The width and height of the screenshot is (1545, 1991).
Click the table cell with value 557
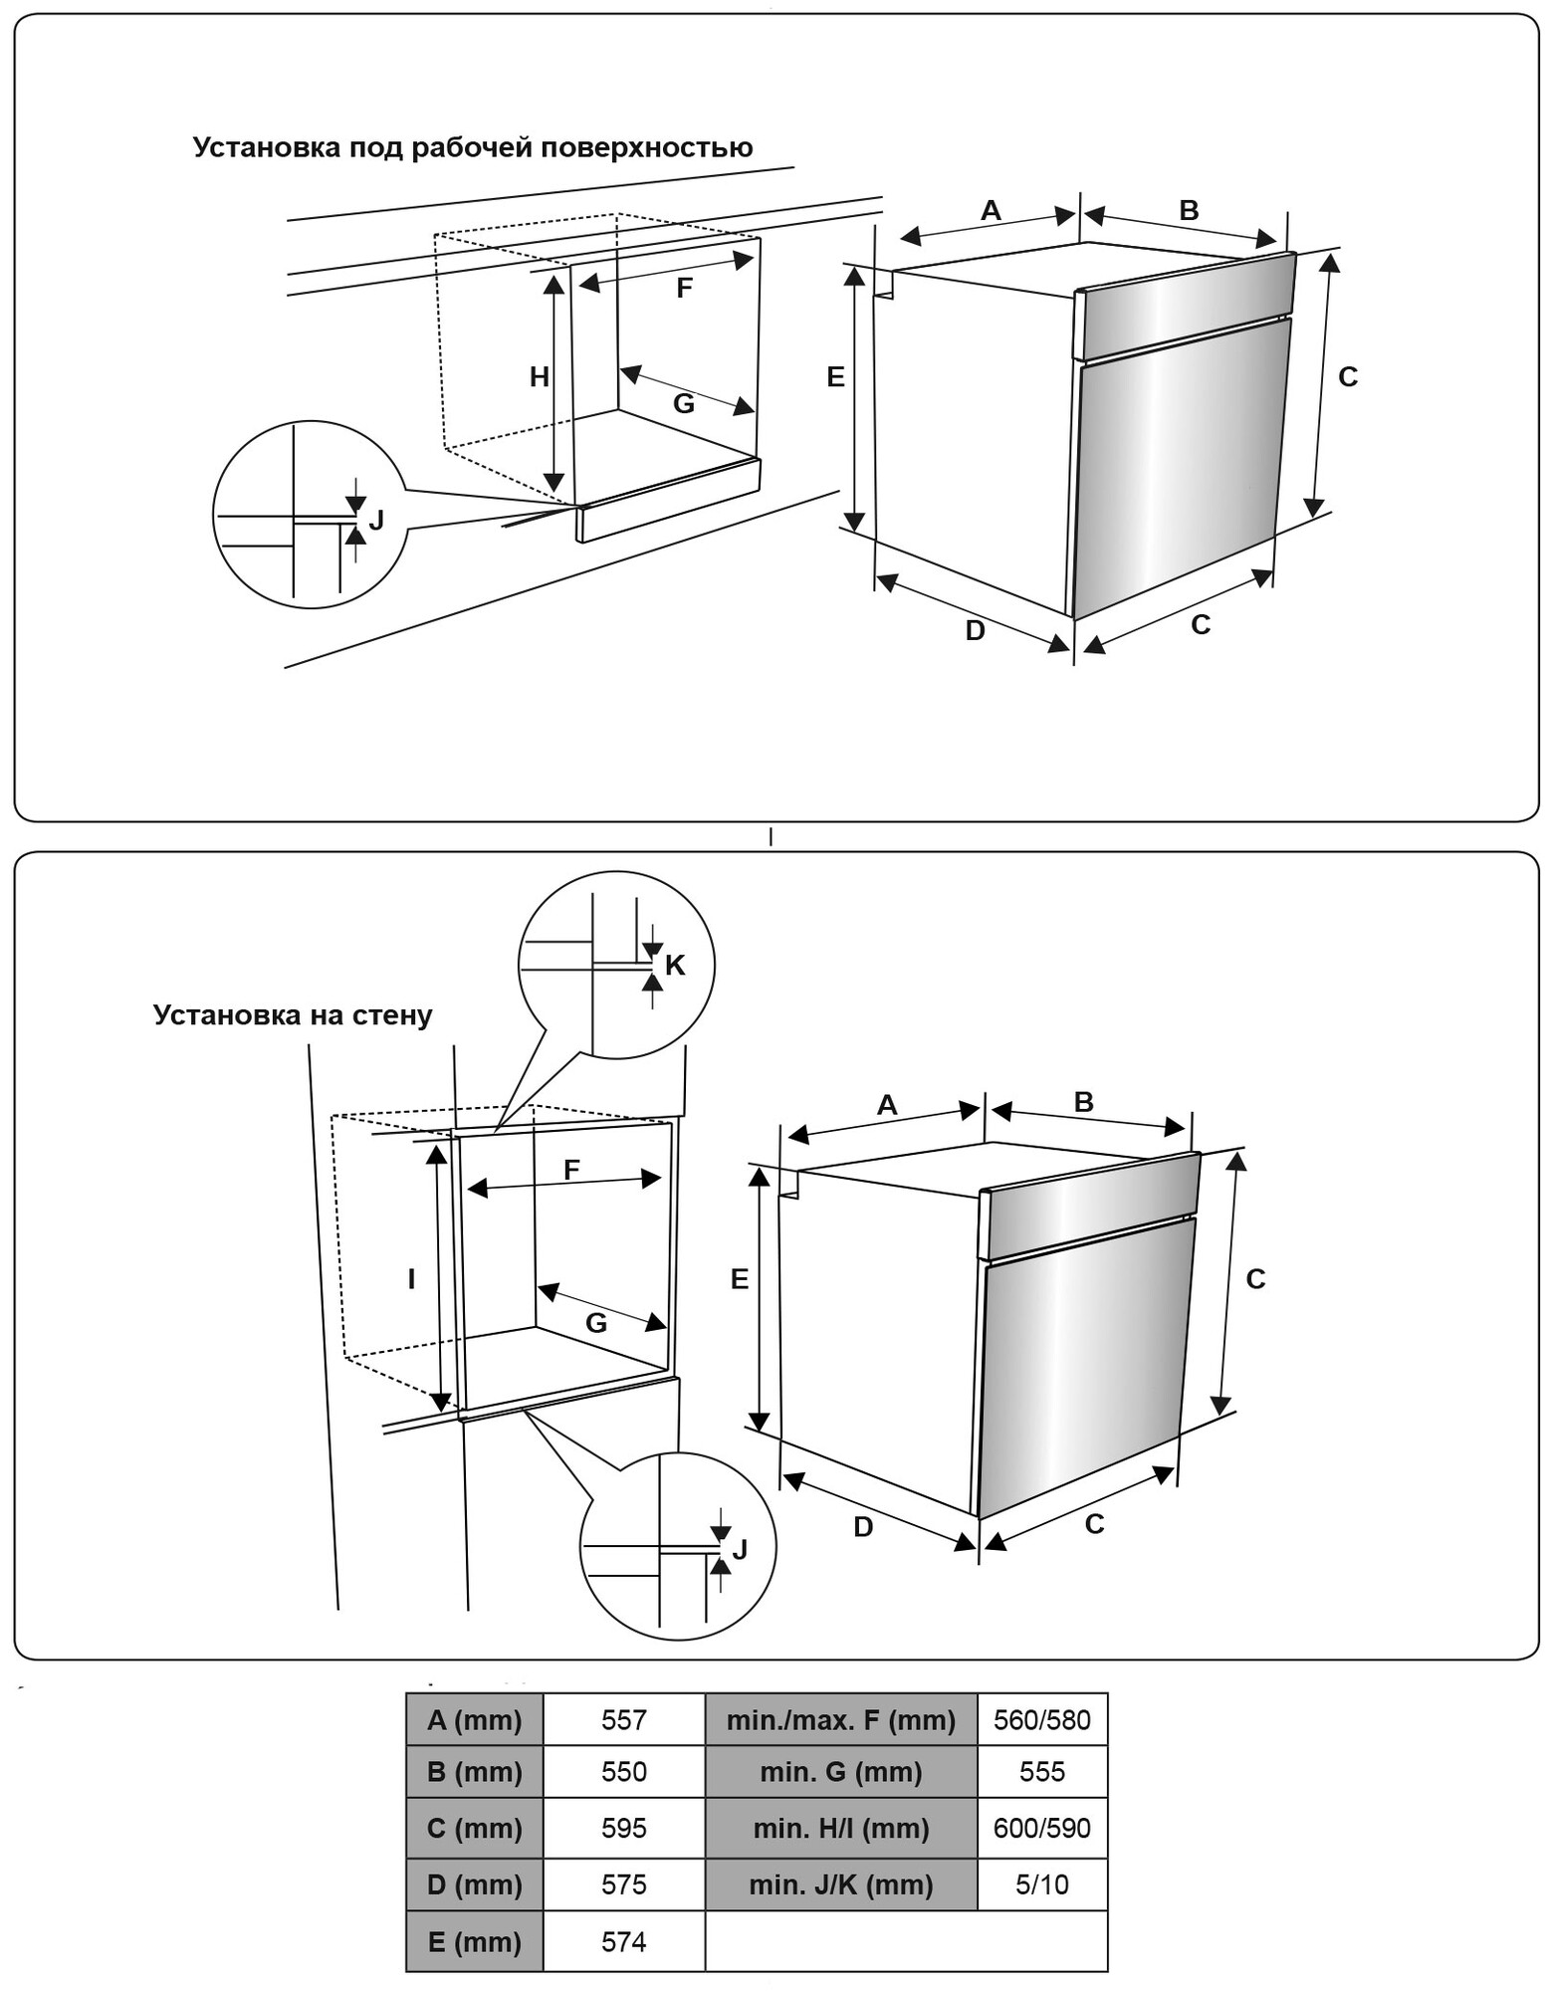coord(623,1720)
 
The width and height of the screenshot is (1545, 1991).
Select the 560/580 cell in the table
coord(1041,1720)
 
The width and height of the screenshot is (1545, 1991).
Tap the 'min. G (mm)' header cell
coord(840,1772)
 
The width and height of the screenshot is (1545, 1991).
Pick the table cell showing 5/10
coord(1041,1884)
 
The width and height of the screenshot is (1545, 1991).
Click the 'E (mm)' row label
coord(474,1941)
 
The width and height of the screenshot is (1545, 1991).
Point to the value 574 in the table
coord(623,1941)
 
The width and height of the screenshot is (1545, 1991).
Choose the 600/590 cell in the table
coord(1041,1828)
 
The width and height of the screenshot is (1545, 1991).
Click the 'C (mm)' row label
coord(474,1828)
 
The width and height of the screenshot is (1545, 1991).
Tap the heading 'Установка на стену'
coord(293,1015)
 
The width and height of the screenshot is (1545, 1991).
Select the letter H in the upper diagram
coord(539,376)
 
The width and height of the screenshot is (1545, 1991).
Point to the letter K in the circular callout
coord(675,965)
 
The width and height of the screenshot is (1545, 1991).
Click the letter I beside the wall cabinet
coord(411,1279)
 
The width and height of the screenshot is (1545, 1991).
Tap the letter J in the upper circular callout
coord(376,520)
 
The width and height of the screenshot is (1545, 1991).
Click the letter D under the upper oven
coord(975,630)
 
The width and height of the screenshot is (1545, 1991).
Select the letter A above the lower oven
coord(886,1105)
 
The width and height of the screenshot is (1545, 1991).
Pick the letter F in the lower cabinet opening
coord(571,1170)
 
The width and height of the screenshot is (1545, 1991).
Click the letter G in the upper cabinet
coord(683,403)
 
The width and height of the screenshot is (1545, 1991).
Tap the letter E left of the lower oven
coord(739,1279)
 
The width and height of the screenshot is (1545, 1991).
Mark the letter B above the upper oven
coord(1189,210)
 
